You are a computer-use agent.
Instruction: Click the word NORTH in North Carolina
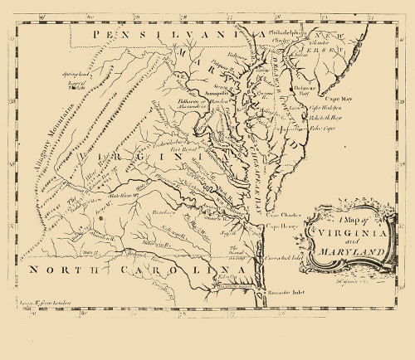55,270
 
